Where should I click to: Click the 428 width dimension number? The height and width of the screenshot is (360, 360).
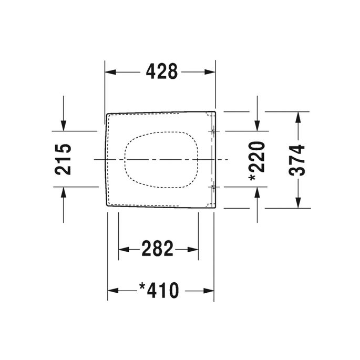160,72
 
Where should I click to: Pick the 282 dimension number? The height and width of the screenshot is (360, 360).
158,249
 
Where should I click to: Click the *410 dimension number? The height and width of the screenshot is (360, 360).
159,290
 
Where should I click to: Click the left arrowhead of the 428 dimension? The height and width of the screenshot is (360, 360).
110,72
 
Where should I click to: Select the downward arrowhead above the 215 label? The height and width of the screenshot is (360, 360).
64,126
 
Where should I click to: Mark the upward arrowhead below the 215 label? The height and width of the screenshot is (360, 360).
64,192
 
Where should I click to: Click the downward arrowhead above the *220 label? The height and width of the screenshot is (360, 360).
256,126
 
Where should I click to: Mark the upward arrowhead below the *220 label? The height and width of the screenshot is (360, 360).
256,192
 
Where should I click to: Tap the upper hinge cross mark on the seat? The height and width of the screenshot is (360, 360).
213,131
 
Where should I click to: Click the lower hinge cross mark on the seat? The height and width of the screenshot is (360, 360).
213,187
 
